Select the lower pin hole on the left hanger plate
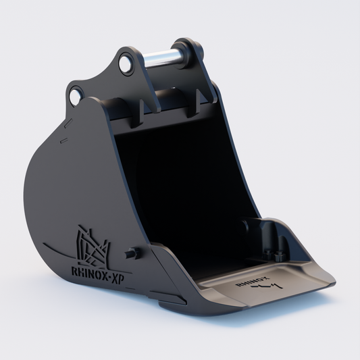click(x=75, y=97)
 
